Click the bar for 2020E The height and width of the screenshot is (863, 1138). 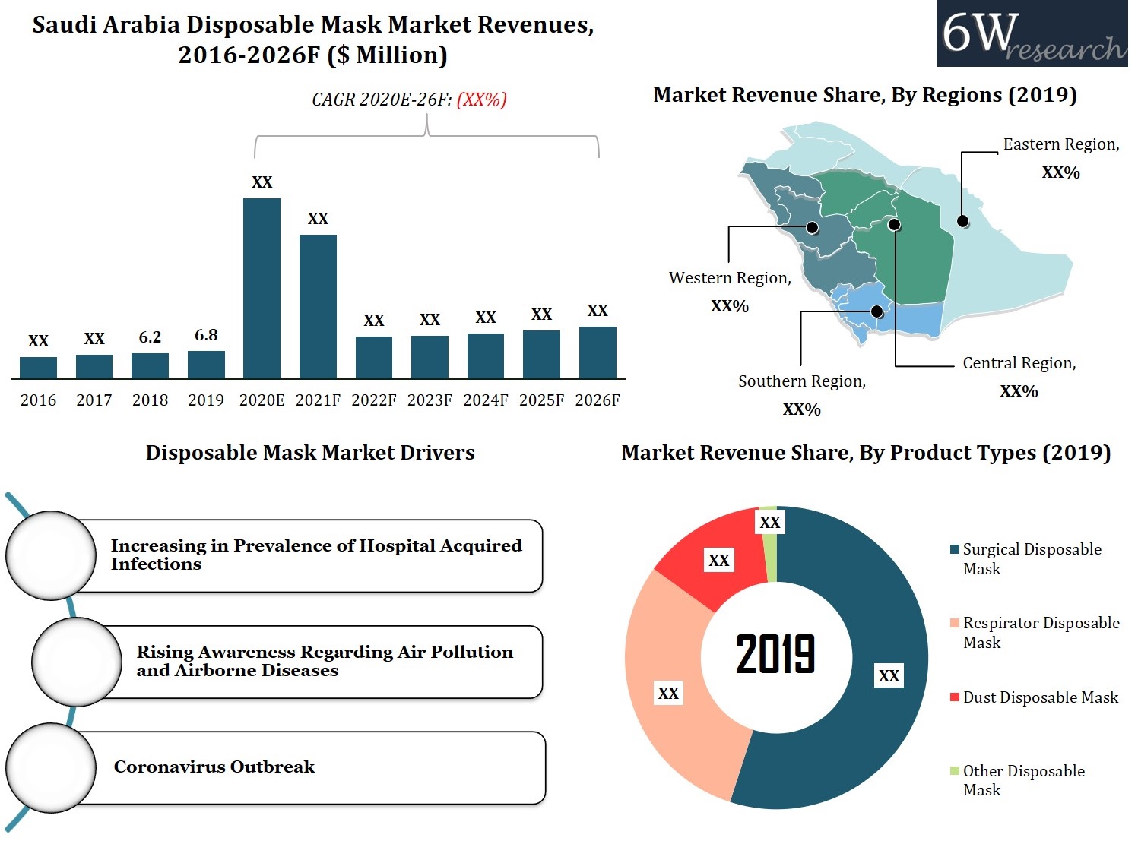(262, 288)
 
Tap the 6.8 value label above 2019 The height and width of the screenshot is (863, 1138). (206, 335)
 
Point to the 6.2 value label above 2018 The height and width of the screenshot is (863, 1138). (150, 337)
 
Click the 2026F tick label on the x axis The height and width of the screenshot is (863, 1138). (598, 400)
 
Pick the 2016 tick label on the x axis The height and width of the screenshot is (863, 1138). (38, 400)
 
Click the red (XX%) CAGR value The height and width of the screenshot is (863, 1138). (481, 100)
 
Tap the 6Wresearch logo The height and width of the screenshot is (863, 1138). (1032, 34)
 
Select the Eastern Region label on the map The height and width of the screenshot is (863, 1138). (1060, 144)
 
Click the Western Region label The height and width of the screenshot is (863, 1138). (730, 278)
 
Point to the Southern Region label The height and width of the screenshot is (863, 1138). (802, 381)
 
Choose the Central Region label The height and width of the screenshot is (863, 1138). (1019, 363)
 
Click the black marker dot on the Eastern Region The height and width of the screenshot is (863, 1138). (962, 221)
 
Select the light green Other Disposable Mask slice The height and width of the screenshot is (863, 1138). (769, 543)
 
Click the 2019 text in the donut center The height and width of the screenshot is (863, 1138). (775, 654)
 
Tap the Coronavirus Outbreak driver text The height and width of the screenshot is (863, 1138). (214, 767)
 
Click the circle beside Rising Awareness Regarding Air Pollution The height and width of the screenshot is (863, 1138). (77, 662)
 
